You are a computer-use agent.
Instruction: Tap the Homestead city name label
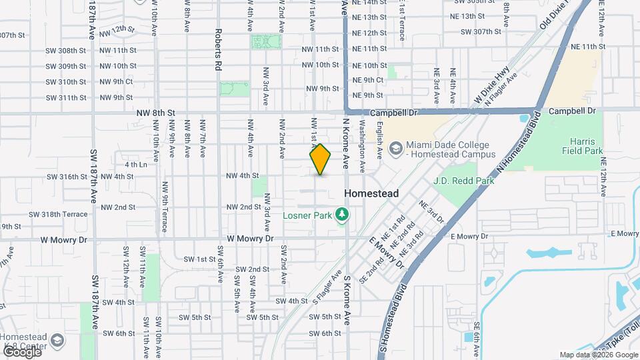[x=371, y=193]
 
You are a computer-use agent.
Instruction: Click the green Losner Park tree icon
[x=343, y=215]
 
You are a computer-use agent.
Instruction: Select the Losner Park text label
[x=307, y=215]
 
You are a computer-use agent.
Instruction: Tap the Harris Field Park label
[x=586, y=147]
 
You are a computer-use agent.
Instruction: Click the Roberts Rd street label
[x=218, y=49]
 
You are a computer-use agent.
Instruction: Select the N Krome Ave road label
[x=345, y=143]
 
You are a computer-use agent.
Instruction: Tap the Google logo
[x=21, y=351]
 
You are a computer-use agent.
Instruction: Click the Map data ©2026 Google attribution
[x=597, y=355]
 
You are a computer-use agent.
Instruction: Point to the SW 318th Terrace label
[x=58, y=215]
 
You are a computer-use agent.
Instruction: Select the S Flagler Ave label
[x=327, y=287]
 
